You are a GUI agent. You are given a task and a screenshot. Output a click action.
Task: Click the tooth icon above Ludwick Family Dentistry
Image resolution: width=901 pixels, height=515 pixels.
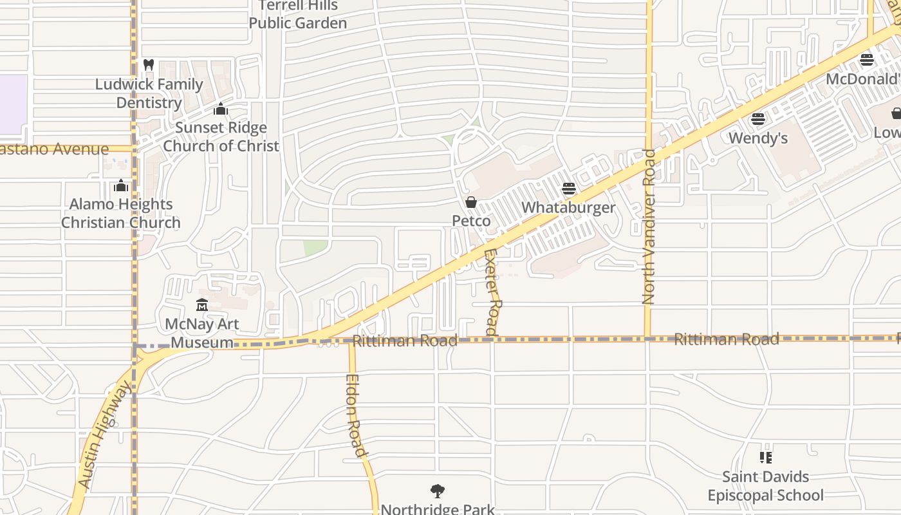click(x=149, y=65)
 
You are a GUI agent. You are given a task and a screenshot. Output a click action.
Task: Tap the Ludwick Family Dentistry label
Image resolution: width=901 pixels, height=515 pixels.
click(x=149, y=93)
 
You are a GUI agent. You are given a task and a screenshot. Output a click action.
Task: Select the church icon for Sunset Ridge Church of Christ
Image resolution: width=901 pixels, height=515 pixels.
click(x=221, y=109)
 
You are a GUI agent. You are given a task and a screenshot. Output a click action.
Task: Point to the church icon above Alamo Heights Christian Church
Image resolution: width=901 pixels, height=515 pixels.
click(x=120, y=186)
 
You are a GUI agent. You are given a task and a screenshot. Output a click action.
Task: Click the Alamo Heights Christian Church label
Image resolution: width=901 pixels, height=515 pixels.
click(x=121, y=213)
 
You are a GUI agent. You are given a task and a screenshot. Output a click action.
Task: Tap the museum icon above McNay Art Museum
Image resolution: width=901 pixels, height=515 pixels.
click(x=202, y=304)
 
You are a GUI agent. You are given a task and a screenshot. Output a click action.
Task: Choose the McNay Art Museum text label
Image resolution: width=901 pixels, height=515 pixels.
click(x=202, y=333)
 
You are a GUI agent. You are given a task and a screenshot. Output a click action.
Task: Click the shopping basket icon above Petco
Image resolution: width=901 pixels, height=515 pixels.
click(x=471, y=202)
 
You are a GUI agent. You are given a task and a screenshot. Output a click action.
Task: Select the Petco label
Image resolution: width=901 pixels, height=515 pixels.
click(x=471, y=221)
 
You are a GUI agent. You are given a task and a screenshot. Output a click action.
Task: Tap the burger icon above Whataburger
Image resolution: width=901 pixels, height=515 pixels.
click(x=568, y=189)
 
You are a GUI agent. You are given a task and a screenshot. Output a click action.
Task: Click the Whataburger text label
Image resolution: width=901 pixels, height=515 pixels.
click(x=568, y=207)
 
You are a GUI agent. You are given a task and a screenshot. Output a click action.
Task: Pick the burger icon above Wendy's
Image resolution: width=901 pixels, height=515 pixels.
click(x=758, y=119)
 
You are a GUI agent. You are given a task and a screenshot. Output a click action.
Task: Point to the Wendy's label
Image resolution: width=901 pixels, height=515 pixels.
click(x=758, y=138)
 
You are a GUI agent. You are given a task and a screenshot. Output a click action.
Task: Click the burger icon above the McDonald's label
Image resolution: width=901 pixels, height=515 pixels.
click(x=866, y=61)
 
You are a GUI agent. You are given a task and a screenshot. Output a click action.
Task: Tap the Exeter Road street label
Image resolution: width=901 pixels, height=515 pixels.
click(x=492, y=292)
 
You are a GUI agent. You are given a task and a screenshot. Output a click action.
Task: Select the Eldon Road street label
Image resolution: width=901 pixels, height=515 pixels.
click(x=356, y=416)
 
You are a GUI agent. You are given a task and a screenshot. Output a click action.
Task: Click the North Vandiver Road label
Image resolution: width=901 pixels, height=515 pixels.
click(x=649, y=227)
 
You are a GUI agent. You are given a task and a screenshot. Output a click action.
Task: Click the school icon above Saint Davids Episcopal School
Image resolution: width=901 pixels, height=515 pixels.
click(x=765, y=458)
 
